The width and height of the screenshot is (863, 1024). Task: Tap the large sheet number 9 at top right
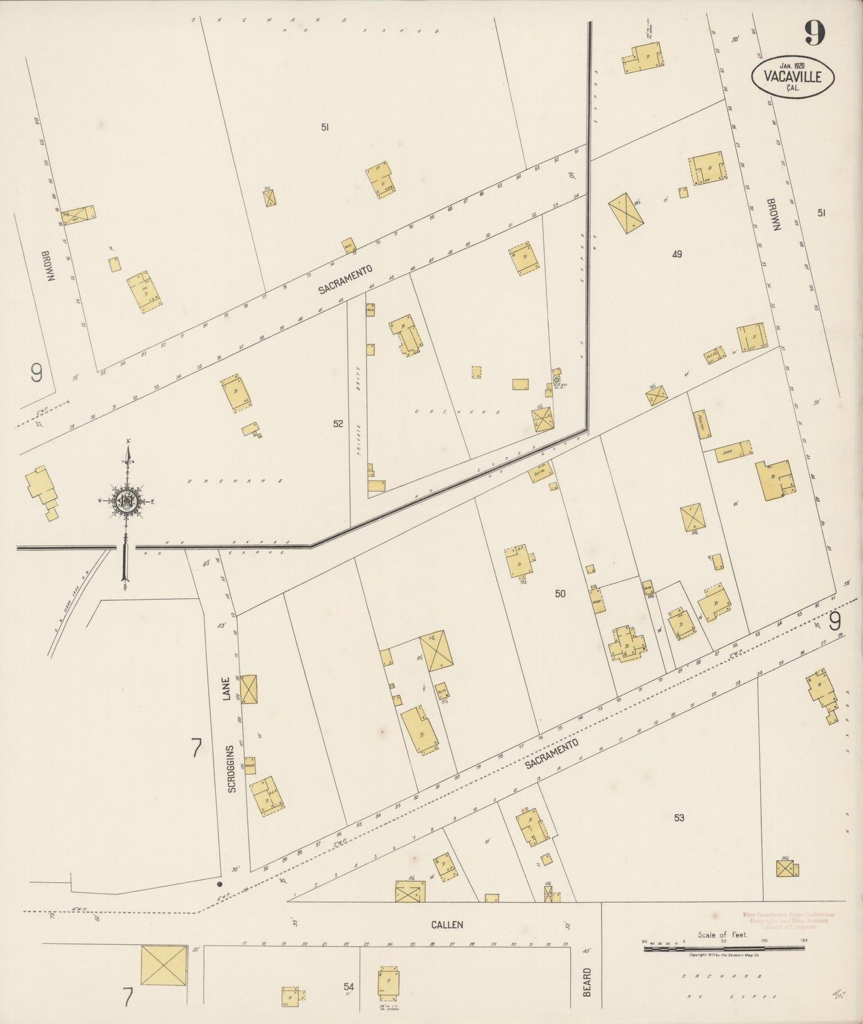tap(814, 33)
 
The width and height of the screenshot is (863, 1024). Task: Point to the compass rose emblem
tap(127, 501)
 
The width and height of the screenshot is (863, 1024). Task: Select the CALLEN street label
tap(447, 924)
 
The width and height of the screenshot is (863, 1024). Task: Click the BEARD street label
tap(587, 982)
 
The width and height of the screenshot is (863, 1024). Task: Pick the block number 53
tap(678, 818)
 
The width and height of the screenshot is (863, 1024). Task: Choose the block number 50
tap(560, 593)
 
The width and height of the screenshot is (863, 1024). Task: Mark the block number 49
tap(676, 254)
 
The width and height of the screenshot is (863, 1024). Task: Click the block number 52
tap(338, 424)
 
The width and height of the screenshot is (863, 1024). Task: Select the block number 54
tap(348, 987)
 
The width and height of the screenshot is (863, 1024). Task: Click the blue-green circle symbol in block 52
tap(556, 380)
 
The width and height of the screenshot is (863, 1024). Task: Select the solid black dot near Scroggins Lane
tap(220, 884)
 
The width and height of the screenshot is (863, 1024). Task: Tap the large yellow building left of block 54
tap(164, 965)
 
